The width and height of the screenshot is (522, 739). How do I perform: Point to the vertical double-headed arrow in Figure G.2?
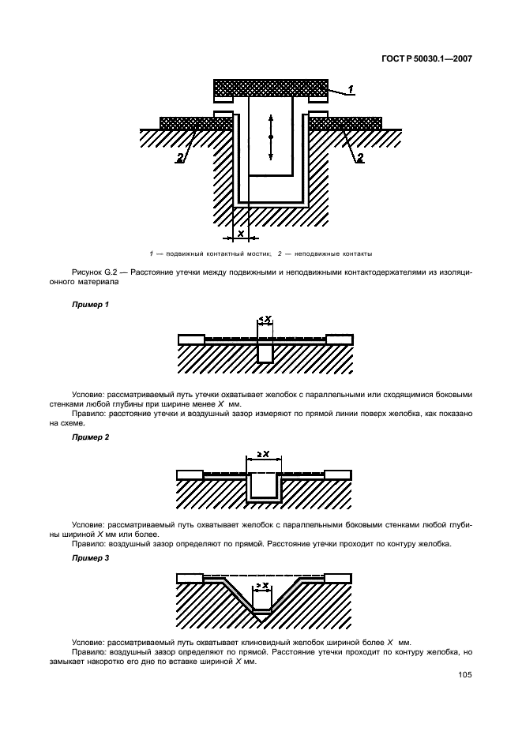click(270, 137)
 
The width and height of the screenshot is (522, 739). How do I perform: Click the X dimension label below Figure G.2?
click(240, 233)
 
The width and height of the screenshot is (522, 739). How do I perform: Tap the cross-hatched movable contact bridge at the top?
click(270, 88)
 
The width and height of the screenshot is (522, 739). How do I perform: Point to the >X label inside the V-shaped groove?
click(263, 585)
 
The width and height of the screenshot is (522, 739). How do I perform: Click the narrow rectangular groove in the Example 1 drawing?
click(265, 352)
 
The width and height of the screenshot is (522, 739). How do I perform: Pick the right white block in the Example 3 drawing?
click(337, 577)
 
